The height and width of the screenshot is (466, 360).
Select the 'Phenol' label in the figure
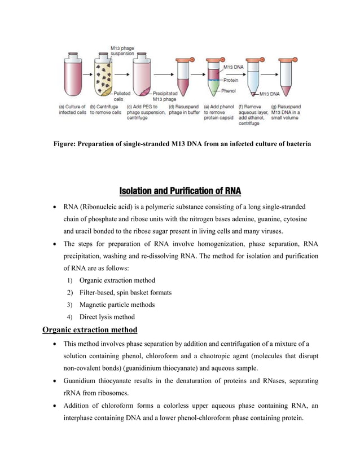(x=229, y=90)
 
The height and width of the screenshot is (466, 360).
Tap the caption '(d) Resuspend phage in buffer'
(x=184, y=109)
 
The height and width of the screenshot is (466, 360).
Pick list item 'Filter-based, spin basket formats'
(x=125, y=292)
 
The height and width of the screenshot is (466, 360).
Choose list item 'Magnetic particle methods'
(x=117, y=305)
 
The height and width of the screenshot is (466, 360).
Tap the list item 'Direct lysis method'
(x=107, y=316)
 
